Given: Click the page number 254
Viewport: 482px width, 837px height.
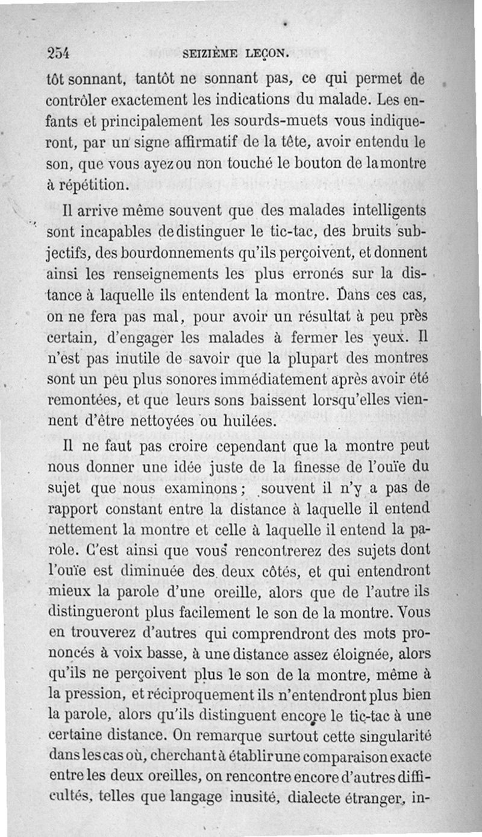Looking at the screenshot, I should pos(59,52).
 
